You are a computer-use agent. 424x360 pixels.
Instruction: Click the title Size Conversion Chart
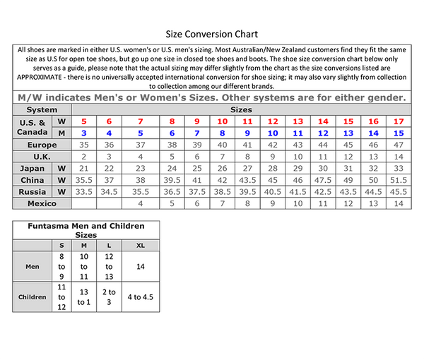pyautogui.click(x=211, y=33)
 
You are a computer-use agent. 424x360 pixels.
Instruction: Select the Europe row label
pyautogui.click(x=42, y=144)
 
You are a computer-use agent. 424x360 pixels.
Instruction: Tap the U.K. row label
pyautogui.click(x=42, y=156)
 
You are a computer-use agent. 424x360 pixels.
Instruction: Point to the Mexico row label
pyautogui.click(x=42, y=203)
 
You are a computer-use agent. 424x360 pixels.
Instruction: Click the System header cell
pyautogui.click(x=42, y=110)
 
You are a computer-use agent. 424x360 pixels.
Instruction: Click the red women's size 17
pyautogui.click(x=399, y=121)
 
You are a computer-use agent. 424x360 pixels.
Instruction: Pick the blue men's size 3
pyautogui.click(x=83, y=133)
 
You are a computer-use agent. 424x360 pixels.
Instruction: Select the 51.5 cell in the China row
pyautogui.click(x=399, y=180)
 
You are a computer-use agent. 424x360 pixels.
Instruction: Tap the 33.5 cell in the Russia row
pyautogui.click(x=83, y=191)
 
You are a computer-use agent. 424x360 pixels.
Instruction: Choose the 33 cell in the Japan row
pyautogui.click(x=399, y=168)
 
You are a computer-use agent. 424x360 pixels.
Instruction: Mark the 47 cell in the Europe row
pyautogui.click(x=399, y=144)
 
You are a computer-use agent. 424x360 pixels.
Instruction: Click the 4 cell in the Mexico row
pyautogui.click(x=141, y=203)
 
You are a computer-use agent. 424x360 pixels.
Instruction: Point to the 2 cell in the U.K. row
pyautogui.click(x=83, y=156)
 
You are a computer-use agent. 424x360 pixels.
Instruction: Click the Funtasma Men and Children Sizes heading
pyautogui.click(x=86, y=229)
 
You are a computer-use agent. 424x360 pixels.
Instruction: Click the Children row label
pyautogui.click(x=32, y=296)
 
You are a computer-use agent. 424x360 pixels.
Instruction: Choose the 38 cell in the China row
pyautogui.click(x=141, y=180)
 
